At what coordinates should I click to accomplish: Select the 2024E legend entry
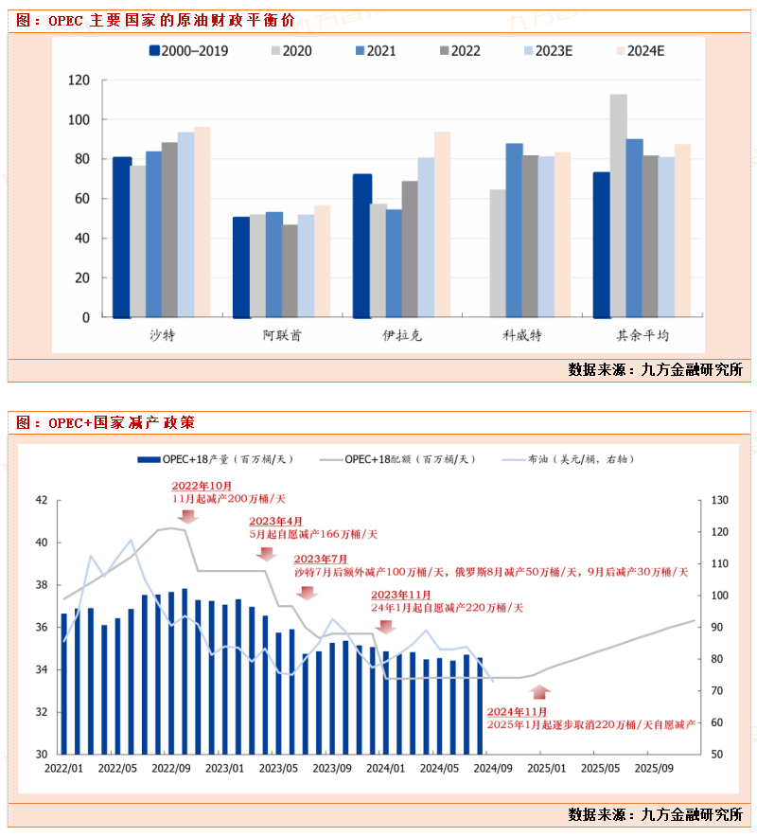point(639,51)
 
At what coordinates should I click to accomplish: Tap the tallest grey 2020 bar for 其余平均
point(619,205)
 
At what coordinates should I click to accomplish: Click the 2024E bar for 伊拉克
point(443,224)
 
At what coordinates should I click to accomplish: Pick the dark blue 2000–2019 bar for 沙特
point(122,237)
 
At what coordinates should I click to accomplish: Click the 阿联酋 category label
point(282,335)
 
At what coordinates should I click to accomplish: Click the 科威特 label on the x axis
point(522,335)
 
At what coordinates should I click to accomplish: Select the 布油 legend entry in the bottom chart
point(574,459)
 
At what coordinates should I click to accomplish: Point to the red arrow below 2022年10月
point(186,515)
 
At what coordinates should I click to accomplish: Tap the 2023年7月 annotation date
point(321,560)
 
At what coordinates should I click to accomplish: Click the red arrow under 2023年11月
point(384,626)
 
